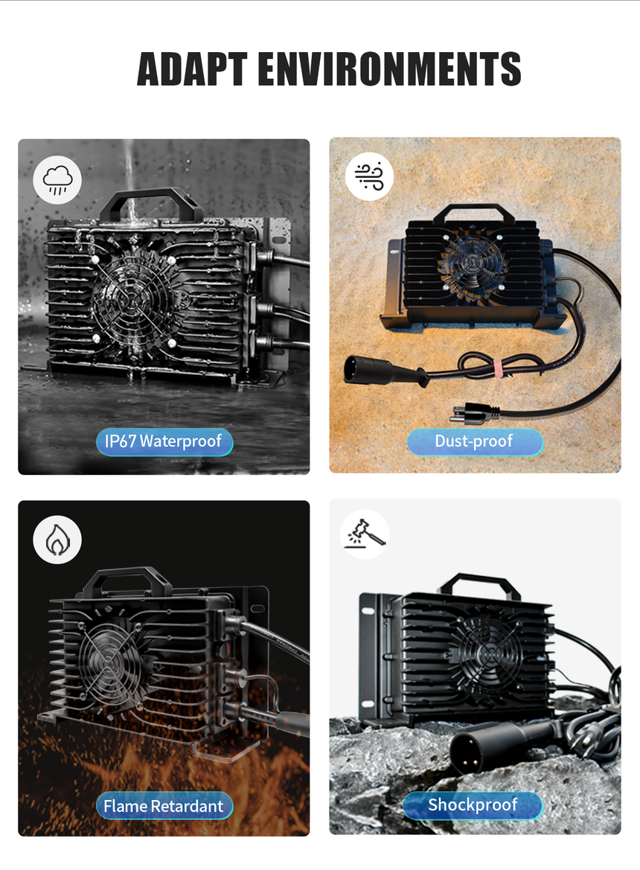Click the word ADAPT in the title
[x=192, y=69]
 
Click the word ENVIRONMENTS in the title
[x=390, y=69]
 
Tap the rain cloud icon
[x=57, y=180]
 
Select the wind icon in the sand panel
[x=369, y=176]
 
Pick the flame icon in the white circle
[x=57, y=540]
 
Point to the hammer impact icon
[x=365, y=534]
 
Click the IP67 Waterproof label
[x=164, y=441]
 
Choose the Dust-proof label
[x=475, y=441]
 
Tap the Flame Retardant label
[x=164, y=806]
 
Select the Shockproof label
[x=473, y=805]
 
